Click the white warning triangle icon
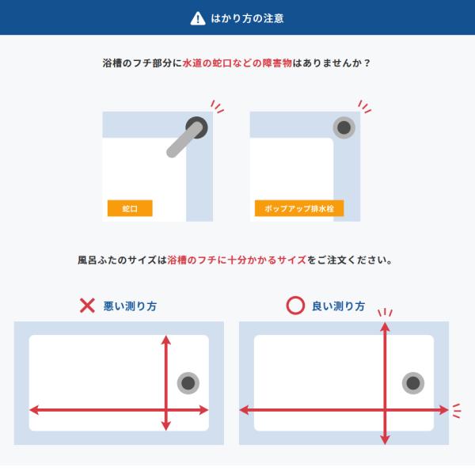pyautogui.click(x=198, y=18)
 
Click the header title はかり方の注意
pyautogui.click(x=247, y=18)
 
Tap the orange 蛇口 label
pyautogui.click(x=130, y=208)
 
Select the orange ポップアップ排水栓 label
pyautogui.click(x=299, y=208)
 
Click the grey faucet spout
pyautogui.click(x=184, y=140)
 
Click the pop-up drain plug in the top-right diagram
pyautogui.click(x=344, y=127)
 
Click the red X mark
pyautogui.click(x=87, y=306)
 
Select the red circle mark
pyautogui.click(x=295, y=306)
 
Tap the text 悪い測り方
pyautogui.click(x=130, y=306)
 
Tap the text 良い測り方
pyautogui.click(x=338, y=306)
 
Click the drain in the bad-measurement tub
pyautogui.click(x=188, y=383)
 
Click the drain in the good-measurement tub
pyautogui.click(x=413, y=383)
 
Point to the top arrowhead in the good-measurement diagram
pyautogui.click(x=385, y=326)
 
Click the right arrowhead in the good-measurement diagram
pyautogui.click(x=444, y=410)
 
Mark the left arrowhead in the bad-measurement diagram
pyautogui.click(x=34, y=410)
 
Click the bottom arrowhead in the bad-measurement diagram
pyautogui.click(x=165, y=426)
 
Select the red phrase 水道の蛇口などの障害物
pyautogui.click(x=237, y=63)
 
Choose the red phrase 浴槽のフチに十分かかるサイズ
pyautogui.click(x=237, y=260)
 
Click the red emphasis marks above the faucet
pyautogui.click(x=217, y=107)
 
